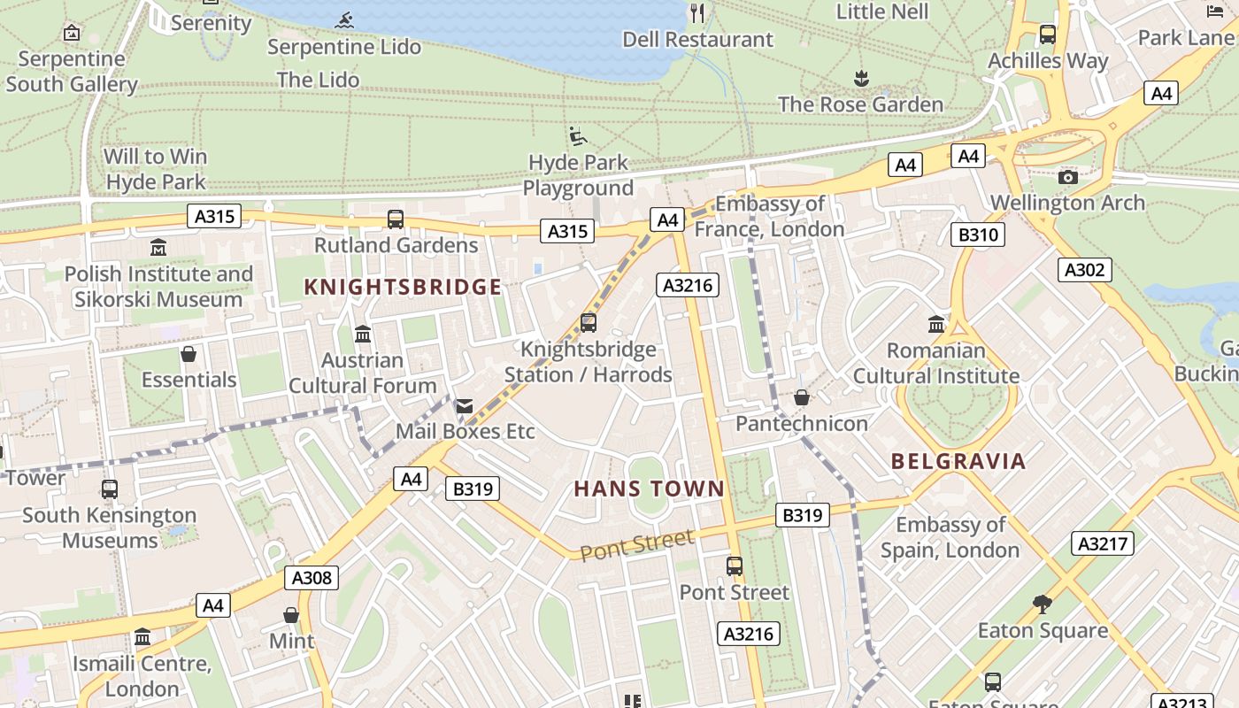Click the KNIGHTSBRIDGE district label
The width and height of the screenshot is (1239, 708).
pyautogui.click(x=403, y=287)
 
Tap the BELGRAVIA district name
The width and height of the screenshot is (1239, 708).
pyautogui.click(x=958, y=461)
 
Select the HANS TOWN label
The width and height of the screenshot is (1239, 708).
pyautogui.click(x=649, y=489)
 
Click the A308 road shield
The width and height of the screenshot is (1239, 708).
pyautogui.click(x=312, y=579)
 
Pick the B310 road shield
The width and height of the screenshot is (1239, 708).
pyautogui.click(x=977, y=235)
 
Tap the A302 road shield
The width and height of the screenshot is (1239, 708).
pyautogui.click(x=1084, y=270)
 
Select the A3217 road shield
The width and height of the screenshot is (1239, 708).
pyautogui.click(x=1103, y=543)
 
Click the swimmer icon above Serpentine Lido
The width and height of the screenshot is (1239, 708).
pyautogui.click(x=344, y=20)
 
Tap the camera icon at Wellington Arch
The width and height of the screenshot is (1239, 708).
pyautogui.click(x=1068, y=176)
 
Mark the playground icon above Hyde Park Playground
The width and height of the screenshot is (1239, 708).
pyautogui.click(x=578, y=136)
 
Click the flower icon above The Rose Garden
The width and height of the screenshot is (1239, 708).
pyautogui.click(x=861, y=79)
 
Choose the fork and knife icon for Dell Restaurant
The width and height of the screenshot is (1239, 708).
pyautogui.click(x=697, y=12)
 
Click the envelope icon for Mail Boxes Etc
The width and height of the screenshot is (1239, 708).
pyautogui.click(x=464, y=406)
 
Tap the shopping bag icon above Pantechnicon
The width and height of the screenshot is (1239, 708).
pyautogui.click(x=802, y=398)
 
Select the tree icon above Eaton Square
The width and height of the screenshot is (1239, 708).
pyautogui.click(x=1043, y=604)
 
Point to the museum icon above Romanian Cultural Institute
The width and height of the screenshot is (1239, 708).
pyautogui.click(x=936, y=324)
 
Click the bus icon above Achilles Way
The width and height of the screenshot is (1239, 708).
pyautogui.click(x=1048, y=35)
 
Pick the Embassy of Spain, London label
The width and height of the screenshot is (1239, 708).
pyautogui.click(x=950, y=537)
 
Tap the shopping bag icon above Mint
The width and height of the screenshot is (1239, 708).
pyautogui.click(x=291, y=614)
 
